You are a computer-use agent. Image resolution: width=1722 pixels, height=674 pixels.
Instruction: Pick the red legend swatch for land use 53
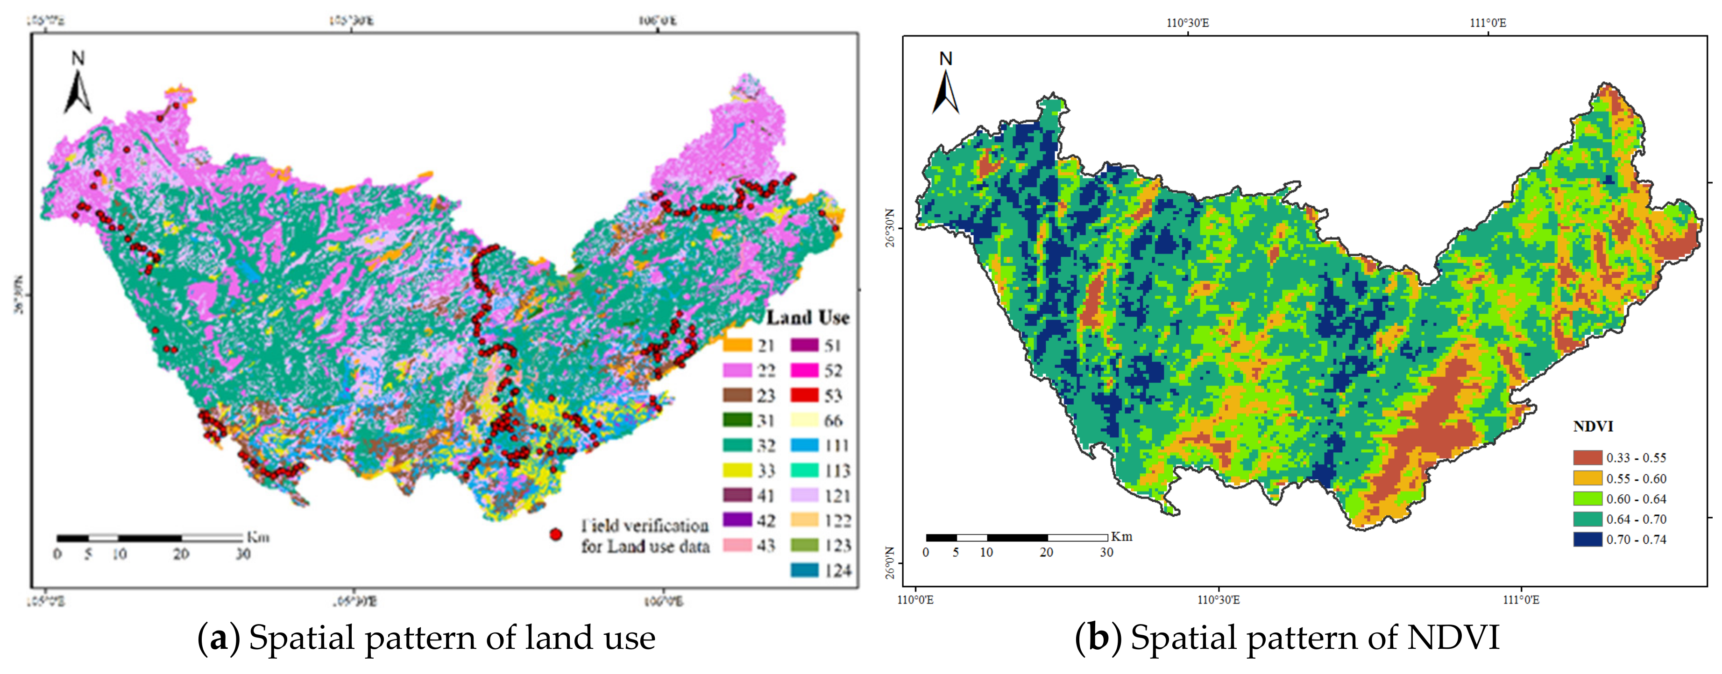tap(804, 395)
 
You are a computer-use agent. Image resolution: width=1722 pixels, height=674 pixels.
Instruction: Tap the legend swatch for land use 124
tap(804, 570)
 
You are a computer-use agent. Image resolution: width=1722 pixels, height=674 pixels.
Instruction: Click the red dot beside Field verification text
tap(555, 534)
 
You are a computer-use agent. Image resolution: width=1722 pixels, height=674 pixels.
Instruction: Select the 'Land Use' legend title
tap(808, 318)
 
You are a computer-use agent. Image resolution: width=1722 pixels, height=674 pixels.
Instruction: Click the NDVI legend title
tap(1593, 426)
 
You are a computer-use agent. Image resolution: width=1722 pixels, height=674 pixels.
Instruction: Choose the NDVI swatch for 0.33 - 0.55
tap(1587, 457)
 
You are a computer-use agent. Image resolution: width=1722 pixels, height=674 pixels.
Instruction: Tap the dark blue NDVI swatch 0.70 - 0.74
tap(1587, 539)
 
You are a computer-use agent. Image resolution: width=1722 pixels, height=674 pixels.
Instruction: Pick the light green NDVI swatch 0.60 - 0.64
tap(1587, 498)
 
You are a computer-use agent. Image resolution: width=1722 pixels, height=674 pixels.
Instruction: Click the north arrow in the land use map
tap(78, 87)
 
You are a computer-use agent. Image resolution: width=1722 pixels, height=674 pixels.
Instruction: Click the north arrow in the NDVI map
tap(945, 87)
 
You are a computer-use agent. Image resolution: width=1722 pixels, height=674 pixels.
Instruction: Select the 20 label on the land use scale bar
tap(181, 554)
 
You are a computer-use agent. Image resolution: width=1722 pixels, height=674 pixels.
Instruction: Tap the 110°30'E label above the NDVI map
tap(1188, 23)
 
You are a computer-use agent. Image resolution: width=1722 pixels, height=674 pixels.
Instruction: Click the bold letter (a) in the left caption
tap(219, 638)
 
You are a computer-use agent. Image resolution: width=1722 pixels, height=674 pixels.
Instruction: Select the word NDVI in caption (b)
tap(1453, 638)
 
